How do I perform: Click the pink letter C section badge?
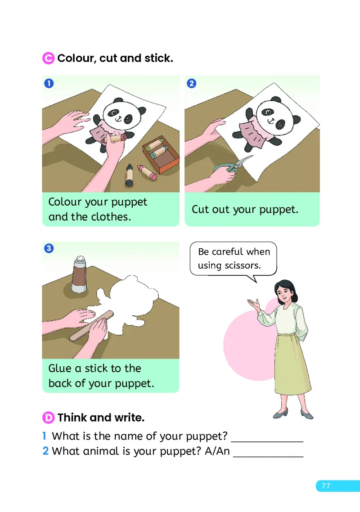[48, 58]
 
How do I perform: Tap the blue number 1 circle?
[49, 84]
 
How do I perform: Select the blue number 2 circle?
[191, 84]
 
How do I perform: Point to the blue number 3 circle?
[49, 248]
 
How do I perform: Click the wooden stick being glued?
[91, 326]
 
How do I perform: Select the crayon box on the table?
[161, 154]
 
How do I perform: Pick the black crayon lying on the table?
[129, 175]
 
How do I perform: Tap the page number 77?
[326, 486]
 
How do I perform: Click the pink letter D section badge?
[48, 418]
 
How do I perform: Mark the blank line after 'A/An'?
[268, 457]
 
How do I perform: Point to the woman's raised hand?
[254, 304]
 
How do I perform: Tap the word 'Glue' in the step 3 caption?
[60, 368]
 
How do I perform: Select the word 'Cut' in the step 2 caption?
[200, 209]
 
